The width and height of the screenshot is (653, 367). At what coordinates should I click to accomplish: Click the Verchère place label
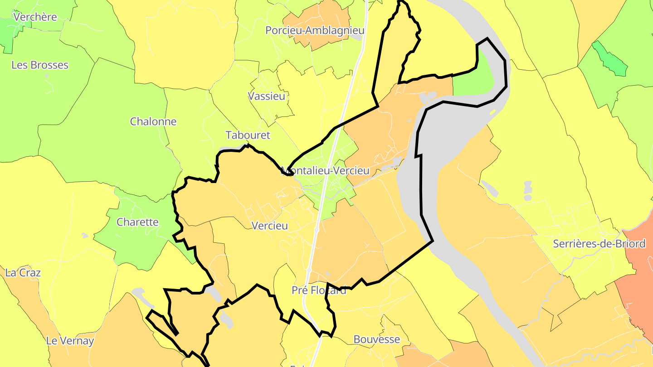35,17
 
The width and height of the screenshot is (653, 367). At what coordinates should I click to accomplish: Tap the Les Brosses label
40,65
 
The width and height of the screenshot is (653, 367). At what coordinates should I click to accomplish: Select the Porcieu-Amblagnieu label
315,30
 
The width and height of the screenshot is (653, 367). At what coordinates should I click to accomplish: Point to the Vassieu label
267,96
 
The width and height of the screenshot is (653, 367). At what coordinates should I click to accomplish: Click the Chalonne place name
153,121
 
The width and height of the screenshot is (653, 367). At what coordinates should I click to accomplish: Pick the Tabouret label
248,135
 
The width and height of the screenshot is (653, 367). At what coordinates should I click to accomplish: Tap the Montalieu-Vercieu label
326,171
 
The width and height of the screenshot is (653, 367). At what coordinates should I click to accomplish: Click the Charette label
137,222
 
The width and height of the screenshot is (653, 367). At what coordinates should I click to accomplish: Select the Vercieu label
269,226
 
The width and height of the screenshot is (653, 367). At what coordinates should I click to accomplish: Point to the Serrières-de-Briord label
599,244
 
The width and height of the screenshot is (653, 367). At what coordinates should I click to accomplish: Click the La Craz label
23,273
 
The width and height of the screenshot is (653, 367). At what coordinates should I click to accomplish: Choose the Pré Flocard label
319,290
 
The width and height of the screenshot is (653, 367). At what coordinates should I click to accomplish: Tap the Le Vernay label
70,341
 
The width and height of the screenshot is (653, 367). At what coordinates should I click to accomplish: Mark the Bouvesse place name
376,339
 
